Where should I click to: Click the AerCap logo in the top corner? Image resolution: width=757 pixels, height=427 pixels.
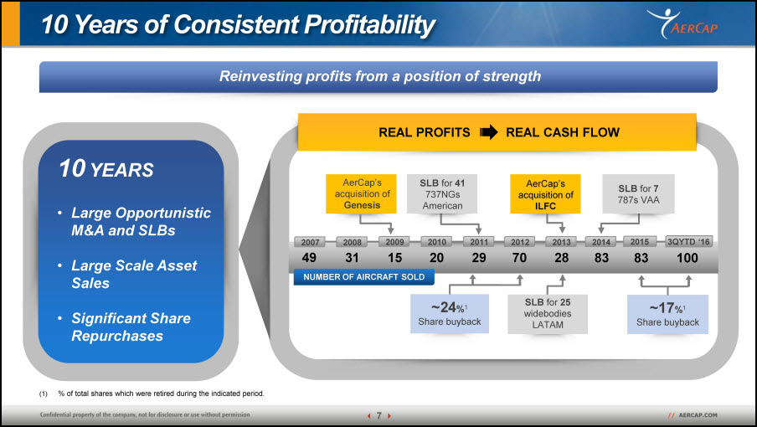(682, 23)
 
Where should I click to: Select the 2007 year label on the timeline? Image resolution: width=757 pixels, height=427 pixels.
(310, 242)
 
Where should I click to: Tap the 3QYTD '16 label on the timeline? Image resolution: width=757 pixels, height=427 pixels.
(688, 242)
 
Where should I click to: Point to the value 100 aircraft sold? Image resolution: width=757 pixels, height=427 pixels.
(687, 258)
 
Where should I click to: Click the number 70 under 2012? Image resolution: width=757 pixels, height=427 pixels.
(519, 258)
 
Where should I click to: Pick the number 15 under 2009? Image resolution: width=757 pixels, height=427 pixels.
(395, 258)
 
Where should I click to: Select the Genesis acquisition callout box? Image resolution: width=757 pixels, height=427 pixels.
(361, 194)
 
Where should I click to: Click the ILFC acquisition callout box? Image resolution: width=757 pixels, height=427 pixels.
(545, 194)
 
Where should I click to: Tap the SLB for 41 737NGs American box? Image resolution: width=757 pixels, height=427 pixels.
(442, 194)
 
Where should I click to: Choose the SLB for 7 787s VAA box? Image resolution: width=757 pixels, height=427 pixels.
(638, 194)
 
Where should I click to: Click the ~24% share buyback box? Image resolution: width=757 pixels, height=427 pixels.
(450, 314)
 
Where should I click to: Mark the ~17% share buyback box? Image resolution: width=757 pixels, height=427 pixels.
(667, 314)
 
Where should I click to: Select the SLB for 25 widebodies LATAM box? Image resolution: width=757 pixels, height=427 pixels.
(548, 314)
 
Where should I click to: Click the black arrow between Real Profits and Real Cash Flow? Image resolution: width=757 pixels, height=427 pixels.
(488, 132)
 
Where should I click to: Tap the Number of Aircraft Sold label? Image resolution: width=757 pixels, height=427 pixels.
(364, 277)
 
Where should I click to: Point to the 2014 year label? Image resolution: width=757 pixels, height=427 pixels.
(601, 242)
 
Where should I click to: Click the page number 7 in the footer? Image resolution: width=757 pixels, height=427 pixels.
(379, 415)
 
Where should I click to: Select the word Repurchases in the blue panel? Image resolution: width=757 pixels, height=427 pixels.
(117, 336)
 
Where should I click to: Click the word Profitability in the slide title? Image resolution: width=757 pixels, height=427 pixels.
(369, 24)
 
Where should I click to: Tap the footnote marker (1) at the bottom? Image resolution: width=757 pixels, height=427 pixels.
(44, 394)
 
